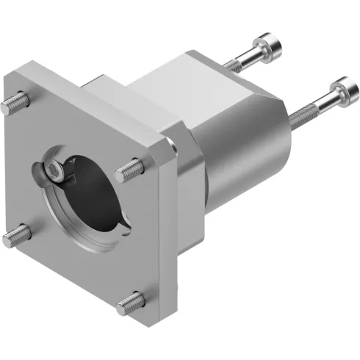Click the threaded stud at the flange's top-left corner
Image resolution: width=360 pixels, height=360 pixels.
pyautogui.click(x=10, y=105)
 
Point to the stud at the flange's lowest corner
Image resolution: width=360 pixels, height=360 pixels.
pyautogui.click(x=130, y=298)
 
